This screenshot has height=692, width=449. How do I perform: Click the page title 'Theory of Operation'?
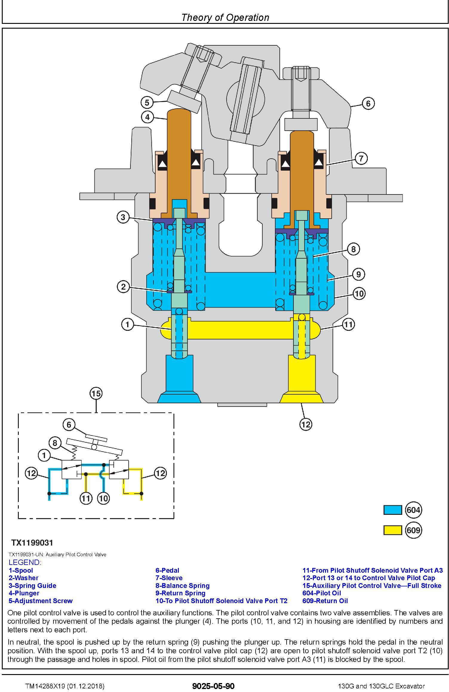[x=225, y=17]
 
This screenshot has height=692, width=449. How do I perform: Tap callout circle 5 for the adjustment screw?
[x=147, y=103]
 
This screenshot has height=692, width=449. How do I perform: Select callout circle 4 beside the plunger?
[x=147, y=117]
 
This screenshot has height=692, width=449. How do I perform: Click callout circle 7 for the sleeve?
[x=361, y=158]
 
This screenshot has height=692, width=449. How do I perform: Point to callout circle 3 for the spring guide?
[x=123, y=217]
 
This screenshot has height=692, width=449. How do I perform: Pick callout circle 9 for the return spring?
[x=359, y=274]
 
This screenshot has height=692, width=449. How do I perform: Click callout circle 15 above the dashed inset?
[x=96, y=393]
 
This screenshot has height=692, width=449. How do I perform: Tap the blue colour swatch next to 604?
[x=393, y=510]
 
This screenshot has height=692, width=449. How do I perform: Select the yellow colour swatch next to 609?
[x=393, y=530]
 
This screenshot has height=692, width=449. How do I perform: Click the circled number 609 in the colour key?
[x=413, y=530]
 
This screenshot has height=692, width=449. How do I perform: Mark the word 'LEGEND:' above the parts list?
[x=25, y=562]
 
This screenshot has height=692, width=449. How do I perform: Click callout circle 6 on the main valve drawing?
[x=368, y=104]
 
